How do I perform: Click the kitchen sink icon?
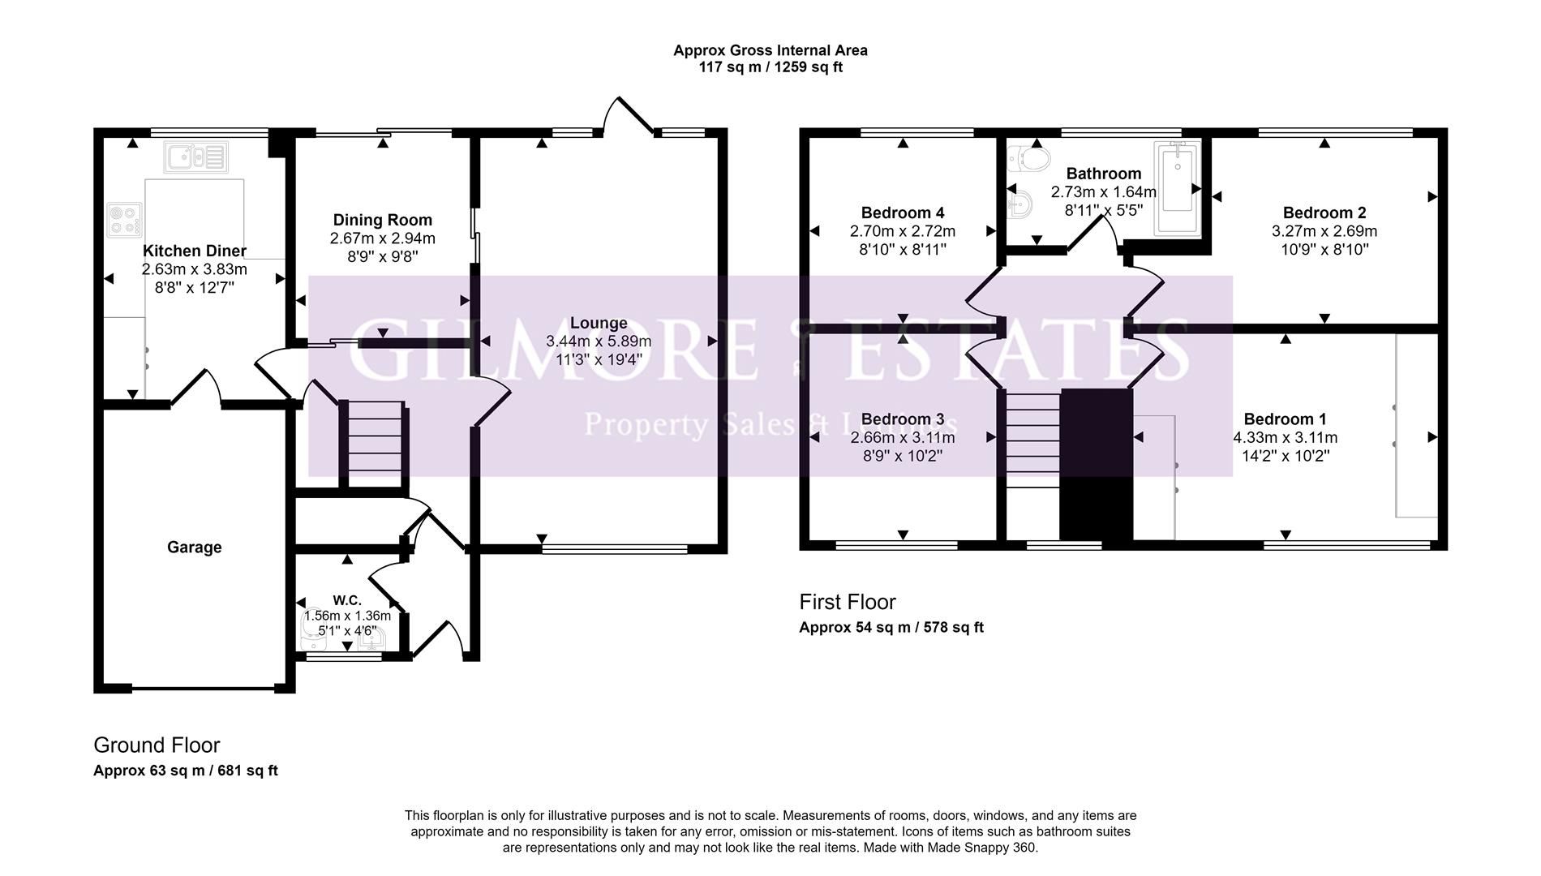(x=195, y=157)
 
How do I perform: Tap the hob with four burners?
(x=126, y=219)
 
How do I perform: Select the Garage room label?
(x=195, y=547)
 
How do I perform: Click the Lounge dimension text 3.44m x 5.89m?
(x=599, y=341)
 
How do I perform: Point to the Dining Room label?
(x=383, y=220)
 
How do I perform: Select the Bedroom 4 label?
(x=903, y=213)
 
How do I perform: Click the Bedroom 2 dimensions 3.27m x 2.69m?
(x=1324, y=231)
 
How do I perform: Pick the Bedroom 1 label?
(x=1285, y=419)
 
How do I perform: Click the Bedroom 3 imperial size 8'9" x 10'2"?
(x=903, y=456)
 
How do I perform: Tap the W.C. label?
(x=347, y=600)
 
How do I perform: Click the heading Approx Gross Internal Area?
(x=770, y=50)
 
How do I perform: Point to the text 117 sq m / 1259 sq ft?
(x=770, y=67)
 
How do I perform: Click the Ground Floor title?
(x=157, y=745)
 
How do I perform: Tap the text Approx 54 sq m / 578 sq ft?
(x=891, y=627)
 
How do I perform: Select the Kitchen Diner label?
(x=195, y=251)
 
